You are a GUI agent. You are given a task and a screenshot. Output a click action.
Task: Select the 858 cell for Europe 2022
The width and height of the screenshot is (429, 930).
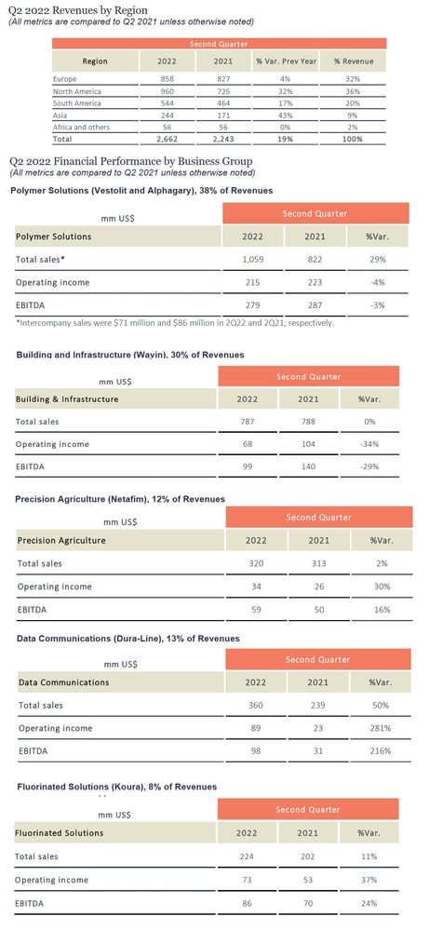pyautogui.click(x=167, y=79)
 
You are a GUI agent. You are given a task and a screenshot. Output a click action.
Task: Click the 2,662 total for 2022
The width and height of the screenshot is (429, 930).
pyautogui.click(x=167, y=140)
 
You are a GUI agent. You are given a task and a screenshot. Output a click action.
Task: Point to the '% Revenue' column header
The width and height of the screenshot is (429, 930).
pyautogui.click(x=353, y=61)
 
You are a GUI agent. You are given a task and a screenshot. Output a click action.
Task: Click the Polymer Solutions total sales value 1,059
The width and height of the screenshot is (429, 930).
pyautogui.click(x=253, y=259)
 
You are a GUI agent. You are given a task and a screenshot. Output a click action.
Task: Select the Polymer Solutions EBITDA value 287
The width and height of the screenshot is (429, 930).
pyautogui.click(x=315, y=305)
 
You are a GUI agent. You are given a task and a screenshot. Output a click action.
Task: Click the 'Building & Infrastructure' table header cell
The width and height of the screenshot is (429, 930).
pyautogui.click(x=67, y=399)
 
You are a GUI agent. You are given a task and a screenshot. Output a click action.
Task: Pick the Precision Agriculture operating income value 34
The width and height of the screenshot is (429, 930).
pyautogui.click(x=256, y=586)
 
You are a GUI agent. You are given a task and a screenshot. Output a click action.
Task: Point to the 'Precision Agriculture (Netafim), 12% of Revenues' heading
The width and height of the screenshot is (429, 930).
pyautogui.click(x=120, y=499)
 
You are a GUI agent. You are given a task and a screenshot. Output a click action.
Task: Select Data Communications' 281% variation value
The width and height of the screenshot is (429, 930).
pyautogui.click(x=380, y=728)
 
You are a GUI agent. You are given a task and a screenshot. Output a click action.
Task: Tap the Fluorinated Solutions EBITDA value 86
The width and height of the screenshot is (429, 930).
pyautogui.click(x=247, y=904)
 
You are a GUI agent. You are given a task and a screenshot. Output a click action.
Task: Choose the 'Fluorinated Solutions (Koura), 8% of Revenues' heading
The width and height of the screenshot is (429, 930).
pyautogui.click(x=116, y=787)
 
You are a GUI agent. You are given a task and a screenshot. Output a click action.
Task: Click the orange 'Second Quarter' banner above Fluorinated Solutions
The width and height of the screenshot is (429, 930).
pyautogui.click(x=308, y=810)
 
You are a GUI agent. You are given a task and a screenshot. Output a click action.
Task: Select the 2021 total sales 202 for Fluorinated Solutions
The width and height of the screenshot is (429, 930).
pyautogui.click(x=307, y=856)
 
